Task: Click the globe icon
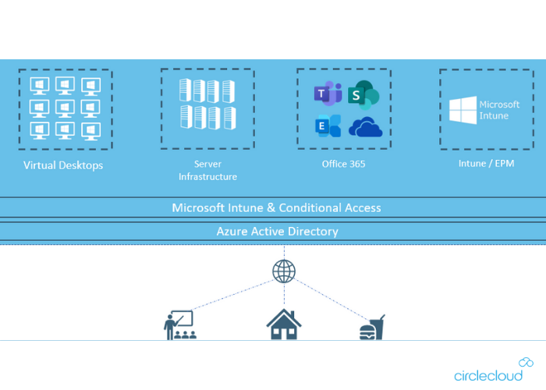click(x=284, y=271)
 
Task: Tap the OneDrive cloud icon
click(x=366, y=127)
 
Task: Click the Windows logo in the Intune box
click(x=462, y=111)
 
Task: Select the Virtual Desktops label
click(x=63, y=165)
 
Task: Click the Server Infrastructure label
click(x=207, y=170)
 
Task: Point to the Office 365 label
click(x=343, y=164)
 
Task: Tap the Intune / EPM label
click(x=486, y=164)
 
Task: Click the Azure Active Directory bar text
click(x=277, y=232)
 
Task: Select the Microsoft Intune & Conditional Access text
click(x=276, y=207)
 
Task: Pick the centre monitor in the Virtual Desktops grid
click(x=65, y=107)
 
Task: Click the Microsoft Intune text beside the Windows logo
click(x=498, y=110)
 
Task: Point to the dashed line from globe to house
click(x=284, y=295)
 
